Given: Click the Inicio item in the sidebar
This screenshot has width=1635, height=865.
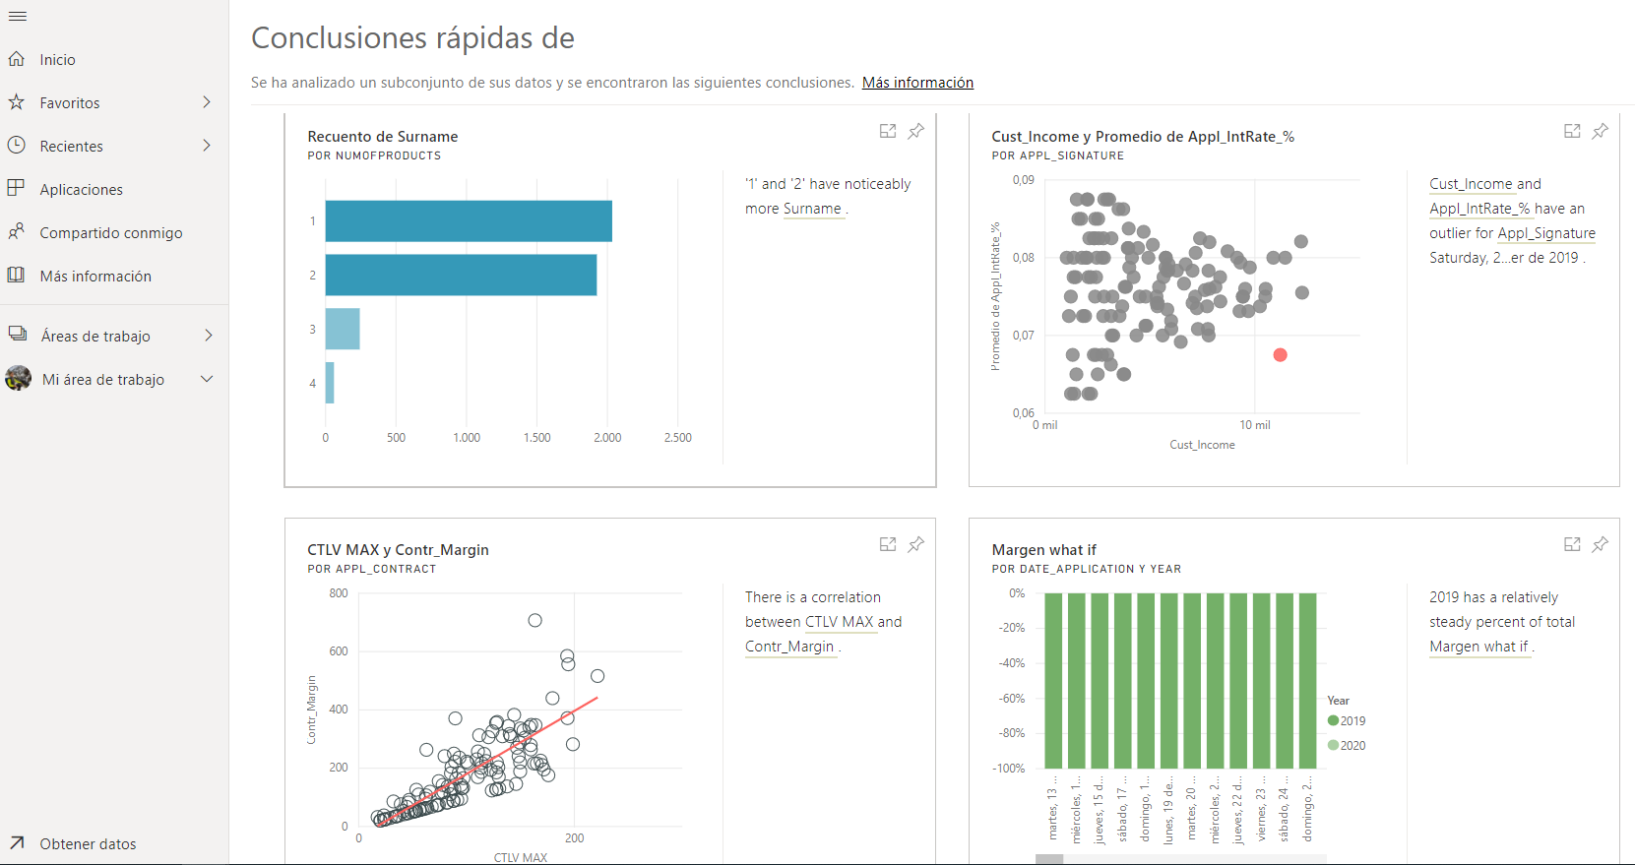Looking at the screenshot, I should point(57,60).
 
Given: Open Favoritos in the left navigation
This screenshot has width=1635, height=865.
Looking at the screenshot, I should point(70,103).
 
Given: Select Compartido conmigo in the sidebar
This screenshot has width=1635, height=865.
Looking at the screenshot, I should point(110,233).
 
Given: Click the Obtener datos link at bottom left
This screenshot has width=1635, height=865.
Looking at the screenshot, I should point(88,844).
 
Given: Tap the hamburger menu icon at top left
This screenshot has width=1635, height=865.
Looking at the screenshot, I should point(18,17).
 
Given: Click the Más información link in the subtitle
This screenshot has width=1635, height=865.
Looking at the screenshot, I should point(917,83).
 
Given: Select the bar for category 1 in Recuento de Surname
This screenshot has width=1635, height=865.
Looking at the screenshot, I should point(469,221).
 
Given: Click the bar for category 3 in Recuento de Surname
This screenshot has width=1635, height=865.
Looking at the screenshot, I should point(343,329).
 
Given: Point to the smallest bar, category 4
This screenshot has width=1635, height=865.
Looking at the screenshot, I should point(330,383).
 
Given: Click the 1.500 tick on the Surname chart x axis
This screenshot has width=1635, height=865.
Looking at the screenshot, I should point(537,438).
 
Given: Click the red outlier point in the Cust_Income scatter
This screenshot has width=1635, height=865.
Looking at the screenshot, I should point(1280,355).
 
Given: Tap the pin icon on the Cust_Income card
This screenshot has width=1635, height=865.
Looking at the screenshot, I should point(1601,131).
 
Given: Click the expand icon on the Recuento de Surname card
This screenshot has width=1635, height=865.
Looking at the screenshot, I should point(888,131).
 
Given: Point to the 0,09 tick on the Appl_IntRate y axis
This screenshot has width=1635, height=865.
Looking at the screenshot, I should point(1024,180).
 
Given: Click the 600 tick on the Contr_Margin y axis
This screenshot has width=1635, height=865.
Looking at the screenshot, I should point(339,651).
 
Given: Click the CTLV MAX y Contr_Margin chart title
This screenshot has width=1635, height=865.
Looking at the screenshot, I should point(398,550).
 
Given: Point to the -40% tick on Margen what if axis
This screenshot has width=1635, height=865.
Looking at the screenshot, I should point(1012,663).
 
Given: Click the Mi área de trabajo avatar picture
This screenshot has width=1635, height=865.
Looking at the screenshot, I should point(18,379).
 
